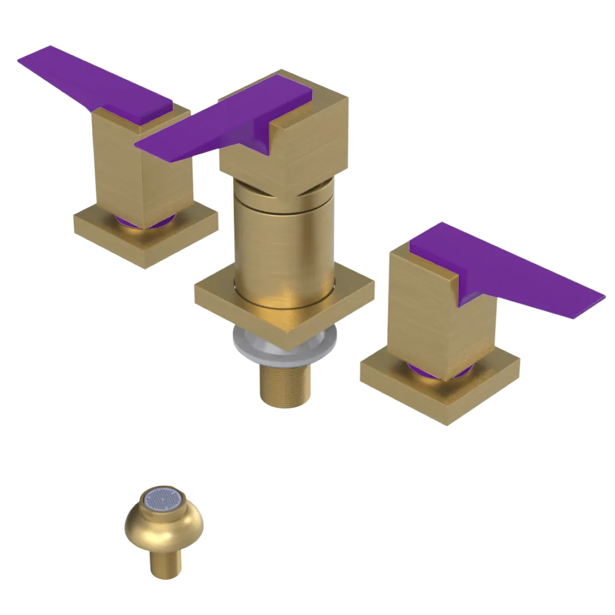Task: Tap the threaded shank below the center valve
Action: point(285,384)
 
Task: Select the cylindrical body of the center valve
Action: point(283,246)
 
